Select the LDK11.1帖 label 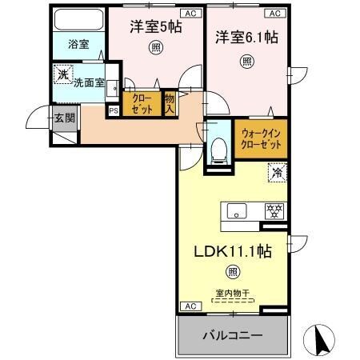click(232, 250)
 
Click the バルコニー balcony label click(232, 335)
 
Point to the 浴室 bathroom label click(77, 46)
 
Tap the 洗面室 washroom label click(87, 82)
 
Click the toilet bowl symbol click(218, 149)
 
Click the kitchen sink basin click(237, 211)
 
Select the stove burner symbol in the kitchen click(274, 211)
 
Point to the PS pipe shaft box click(113, 110)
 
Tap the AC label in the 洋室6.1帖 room click(274, 14)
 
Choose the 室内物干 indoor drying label click(233, 294)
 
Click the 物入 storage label click(170, 104)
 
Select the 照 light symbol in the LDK click(232, 271)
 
